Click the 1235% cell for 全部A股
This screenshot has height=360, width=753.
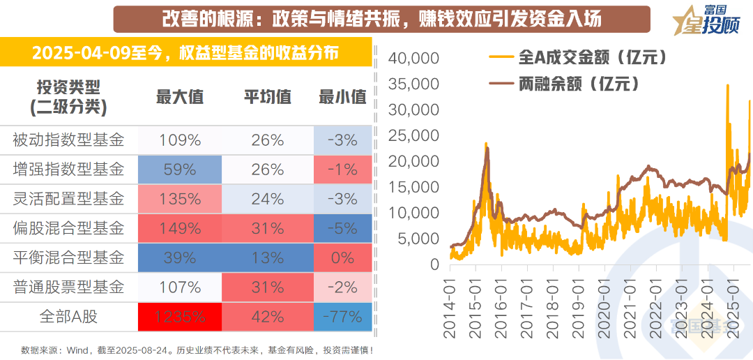(x=180, y=317)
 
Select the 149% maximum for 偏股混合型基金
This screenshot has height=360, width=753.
(x=180, y=228)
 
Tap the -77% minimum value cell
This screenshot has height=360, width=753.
(x=342, y=317)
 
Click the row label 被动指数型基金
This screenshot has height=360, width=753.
(x=68, y=140)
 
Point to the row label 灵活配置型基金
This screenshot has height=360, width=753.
(x=68, y=199)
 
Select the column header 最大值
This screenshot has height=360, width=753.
(x=180, y=98)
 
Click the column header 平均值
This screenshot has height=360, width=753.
(x=268, y=98)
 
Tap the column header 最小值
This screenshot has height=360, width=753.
(x=342, y=98)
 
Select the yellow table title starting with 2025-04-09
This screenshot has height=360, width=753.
(x=185, y=53)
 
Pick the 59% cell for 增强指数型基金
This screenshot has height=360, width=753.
(x=180, y=170)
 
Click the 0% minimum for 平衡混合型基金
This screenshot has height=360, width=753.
(x=342, y=257)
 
